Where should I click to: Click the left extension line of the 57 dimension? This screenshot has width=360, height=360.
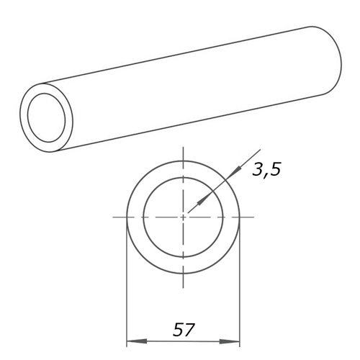(127, 288)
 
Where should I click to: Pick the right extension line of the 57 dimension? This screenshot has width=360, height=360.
(240, 288)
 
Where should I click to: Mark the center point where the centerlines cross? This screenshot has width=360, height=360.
(184, 217)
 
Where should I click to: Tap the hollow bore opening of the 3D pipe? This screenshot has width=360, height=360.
(48, 117)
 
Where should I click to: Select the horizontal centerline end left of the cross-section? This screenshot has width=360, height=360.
(115, 217)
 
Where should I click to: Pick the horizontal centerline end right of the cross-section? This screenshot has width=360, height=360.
(252, 217)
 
